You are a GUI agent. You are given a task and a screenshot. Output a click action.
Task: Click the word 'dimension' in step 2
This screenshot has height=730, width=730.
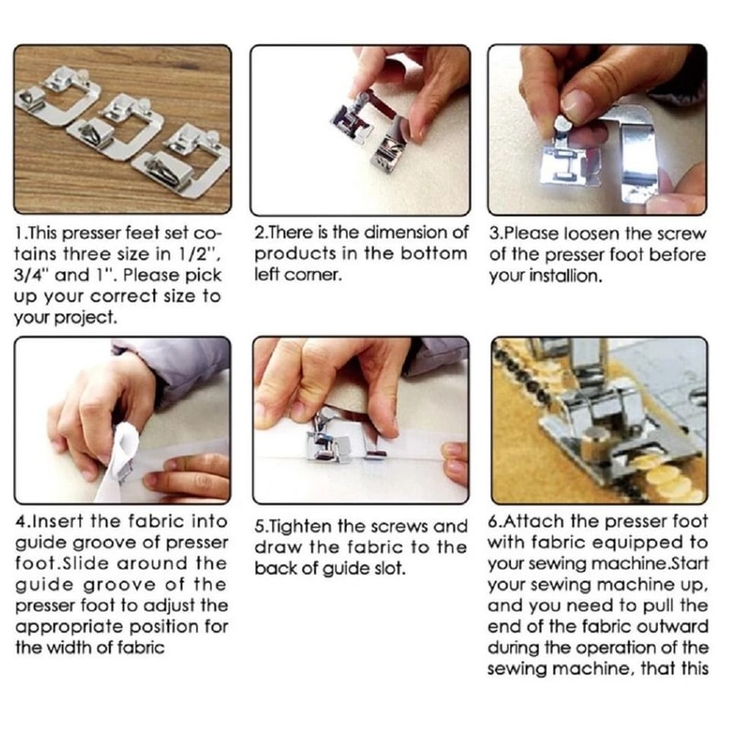point(414,233)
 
